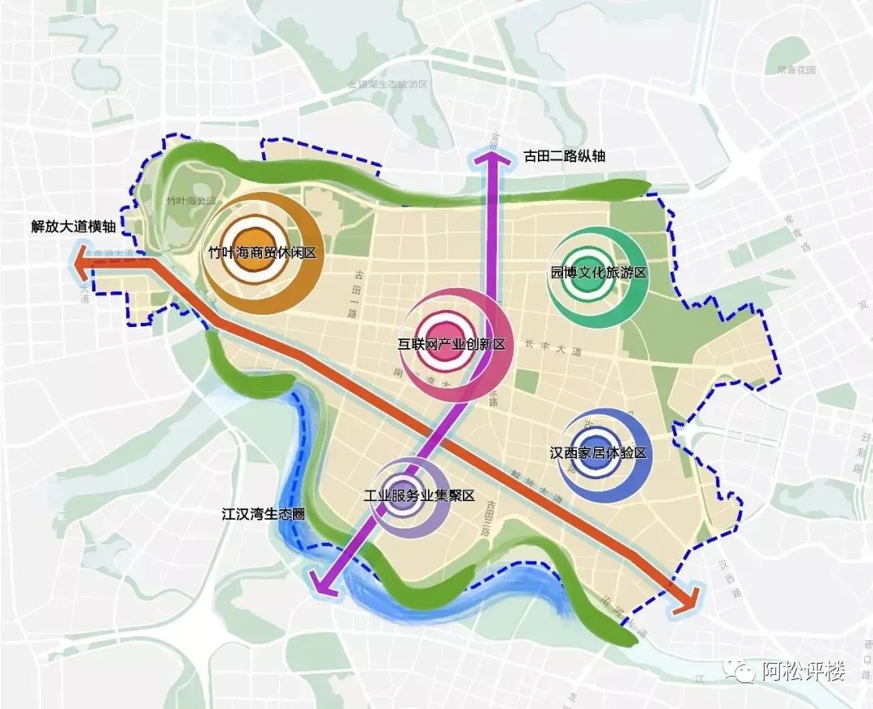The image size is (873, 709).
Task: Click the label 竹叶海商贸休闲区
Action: pyautogui.click(x=261, y=253)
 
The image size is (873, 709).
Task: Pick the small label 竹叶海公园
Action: pyautogui.click(x=190, y=199)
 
